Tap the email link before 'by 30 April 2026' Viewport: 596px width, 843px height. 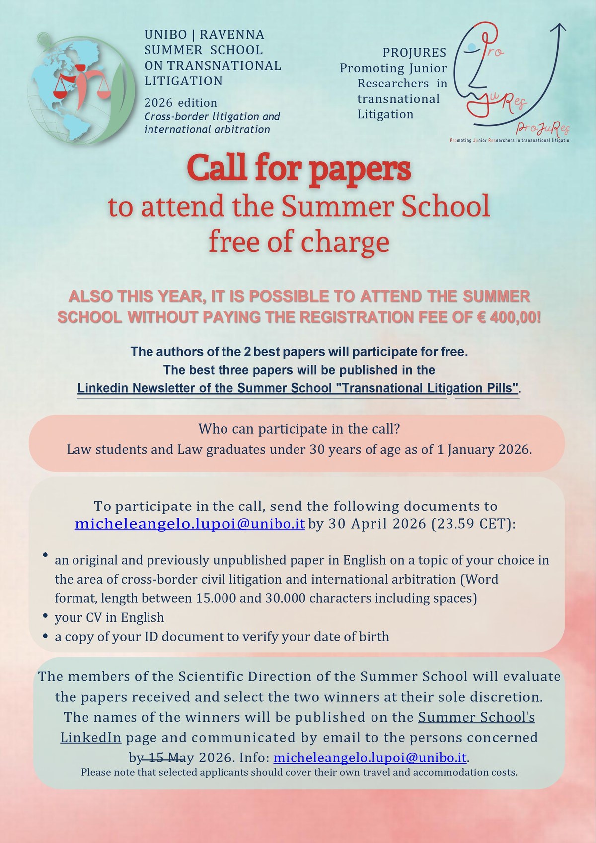[x=190, y=524]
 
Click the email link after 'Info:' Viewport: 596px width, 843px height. [x=370, y=758]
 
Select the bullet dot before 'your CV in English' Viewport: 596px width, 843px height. [x=45, y=617]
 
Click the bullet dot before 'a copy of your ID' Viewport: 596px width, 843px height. [x=45, y=636]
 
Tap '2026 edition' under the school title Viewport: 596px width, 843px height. [x=181, y=103]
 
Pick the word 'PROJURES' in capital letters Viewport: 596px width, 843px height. [x=414, y=52]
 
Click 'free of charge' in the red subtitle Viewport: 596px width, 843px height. [x=298, y=242]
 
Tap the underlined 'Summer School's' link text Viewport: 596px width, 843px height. [x=476, y=717]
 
